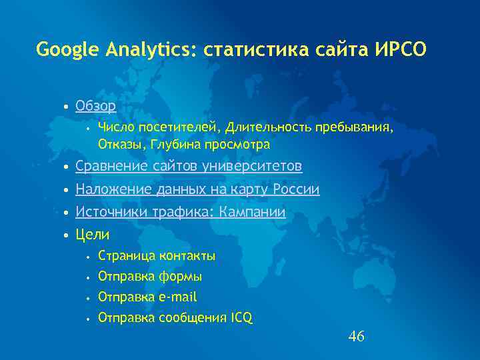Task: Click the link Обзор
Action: coord(95,106)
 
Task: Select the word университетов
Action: coord(256,165)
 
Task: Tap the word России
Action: coord(297,190)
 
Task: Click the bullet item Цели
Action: coord(93,235)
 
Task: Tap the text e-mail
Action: coord(178,297)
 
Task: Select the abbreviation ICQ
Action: coord(241,318)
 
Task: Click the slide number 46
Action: coord(356,337)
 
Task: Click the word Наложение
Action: coord(114,190)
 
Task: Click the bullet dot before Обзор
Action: coord(65,107)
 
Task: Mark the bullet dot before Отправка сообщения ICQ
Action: coord(87,319)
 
